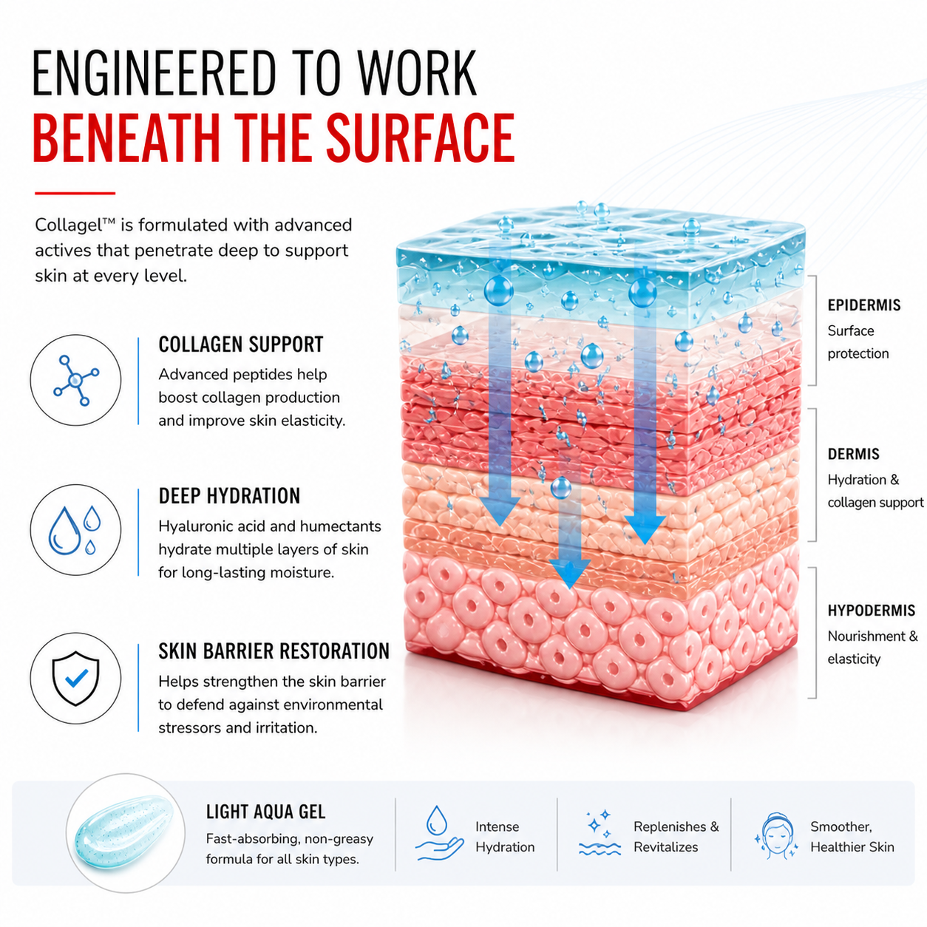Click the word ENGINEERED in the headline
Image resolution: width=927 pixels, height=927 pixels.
[154, 73]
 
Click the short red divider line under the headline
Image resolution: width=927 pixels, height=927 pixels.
[75, 194]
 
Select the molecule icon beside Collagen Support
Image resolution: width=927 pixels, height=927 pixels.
[75, 380]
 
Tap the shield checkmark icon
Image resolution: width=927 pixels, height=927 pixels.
[76, 679]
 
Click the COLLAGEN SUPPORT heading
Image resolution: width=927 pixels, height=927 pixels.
[241, 344]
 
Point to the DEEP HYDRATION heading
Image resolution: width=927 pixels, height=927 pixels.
[229, 495]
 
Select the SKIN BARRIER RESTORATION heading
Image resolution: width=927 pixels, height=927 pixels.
[274, 651]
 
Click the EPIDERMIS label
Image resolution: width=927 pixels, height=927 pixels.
[864, 305]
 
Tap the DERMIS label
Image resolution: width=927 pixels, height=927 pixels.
[853, 454]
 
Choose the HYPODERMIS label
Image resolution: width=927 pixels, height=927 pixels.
[872, 611]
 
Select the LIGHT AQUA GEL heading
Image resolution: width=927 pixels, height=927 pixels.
[265, 812]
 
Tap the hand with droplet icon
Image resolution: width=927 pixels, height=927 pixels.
[438, 833]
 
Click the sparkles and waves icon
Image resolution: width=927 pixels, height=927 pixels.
[600, 834]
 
